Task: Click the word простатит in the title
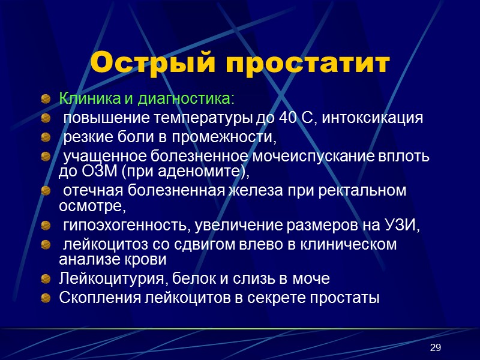[305, 63]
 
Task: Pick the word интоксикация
[373, 118]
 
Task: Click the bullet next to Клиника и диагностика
[46, 98]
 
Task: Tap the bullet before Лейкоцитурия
[46, 279]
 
